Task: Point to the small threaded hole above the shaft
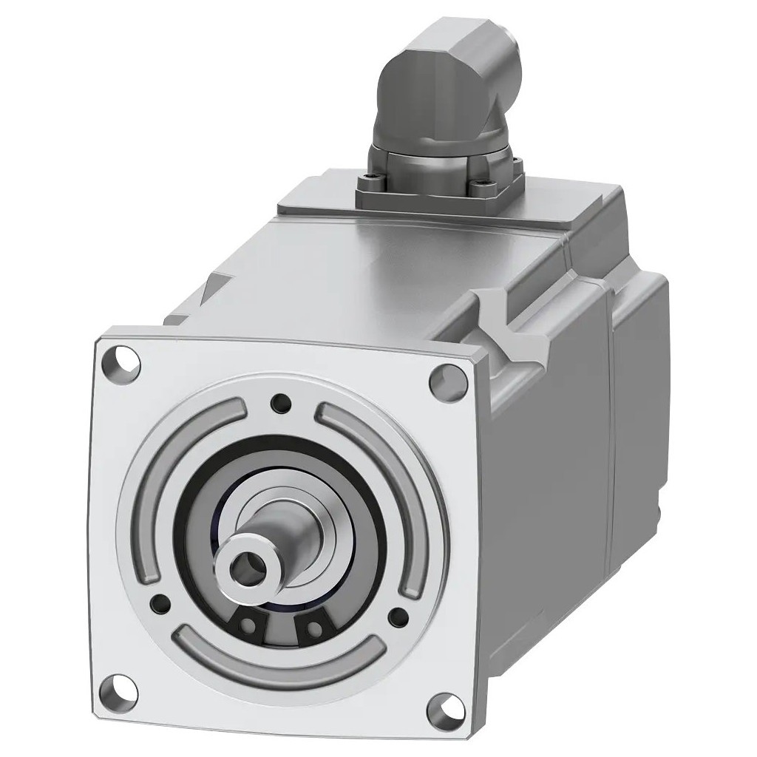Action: coord(280,403)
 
